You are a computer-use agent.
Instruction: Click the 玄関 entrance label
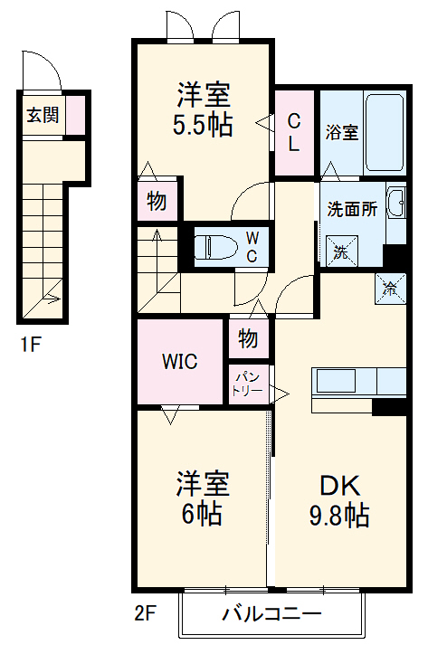(42, 115)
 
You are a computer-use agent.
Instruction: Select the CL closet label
(295, 132)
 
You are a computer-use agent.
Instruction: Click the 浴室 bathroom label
(342, 132)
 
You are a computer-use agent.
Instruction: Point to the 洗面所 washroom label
(352, 206)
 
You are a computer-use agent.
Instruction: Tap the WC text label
(252, 246)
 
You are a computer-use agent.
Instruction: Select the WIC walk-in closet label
(179, 361)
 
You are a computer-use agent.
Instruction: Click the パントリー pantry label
(247, 384)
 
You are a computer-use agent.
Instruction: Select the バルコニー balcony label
(272, 616)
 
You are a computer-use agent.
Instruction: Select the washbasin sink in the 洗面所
(395, 204)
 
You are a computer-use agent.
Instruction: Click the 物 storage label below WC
(249, 339)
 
